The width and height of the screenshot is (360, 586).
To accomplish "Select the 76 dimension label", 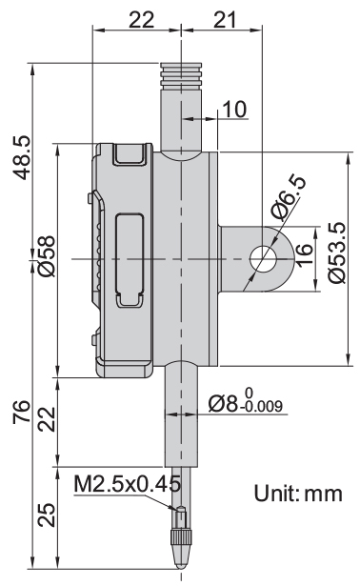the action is pyautogui.click(x=22, y=412).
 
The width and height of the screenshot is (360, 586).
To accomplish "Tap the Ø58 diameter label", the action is pyautogui.click(x=47, y=256).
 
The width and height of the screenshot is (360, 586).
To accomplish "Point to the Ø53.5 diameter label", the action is pyautogui.click(x=337, y=253).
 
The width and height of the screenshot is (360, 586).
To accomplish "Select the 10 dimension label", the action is pyautogui.click(x=234, y=110).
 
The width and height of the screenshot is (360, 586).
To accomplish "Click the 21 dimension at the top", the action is pyautogui.click(x=225, y=19).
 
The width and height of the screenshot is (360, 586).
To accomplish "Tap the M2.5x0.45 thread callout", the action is pyautogui.click(x=128, y=484).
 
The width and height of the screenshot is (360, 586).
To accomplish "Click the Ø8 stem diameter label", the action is pyautogui.click(x=223, y=403).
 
